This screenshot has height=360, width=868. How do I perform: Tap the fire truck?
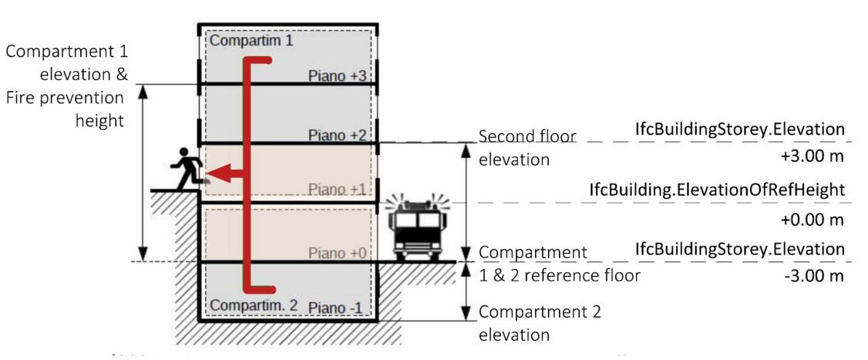click(x=416, y=229)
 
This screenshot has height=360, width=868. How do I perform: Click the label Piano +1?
click(x=336, y=190)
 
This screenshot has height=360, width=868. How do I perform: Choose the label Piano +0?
click(x=336, y=253)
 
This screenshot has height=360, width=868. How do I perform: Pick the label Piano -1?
click(x=336, y=308)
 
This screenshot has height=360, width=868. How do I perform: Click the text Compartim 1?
click(x=251, y=40)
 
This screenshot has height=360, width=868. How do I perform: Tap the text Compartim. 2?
click(x=254, y=306)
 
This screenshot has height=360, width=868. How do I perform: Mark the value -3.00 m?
click(x=816, y=276)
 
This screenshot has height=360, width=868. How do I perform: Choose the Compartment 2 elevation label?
click(x=540, y=323)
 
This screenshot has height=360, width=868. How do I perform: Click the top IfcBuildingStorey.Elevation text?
click(x=740, y=129)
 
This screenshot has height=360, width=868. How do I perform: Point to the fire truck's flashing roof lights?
click(x=416, y=205)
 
